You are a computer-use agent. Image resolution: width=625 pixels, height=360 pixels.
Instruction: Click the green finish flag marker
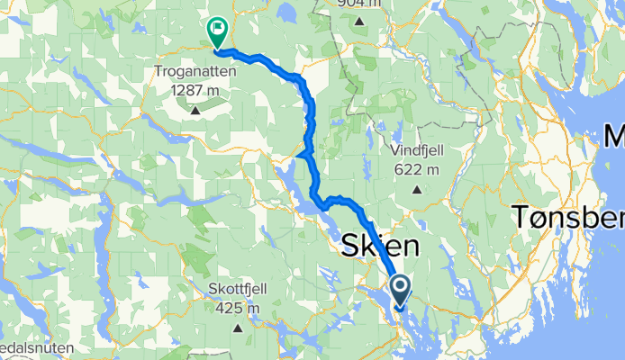(x=217, y=31)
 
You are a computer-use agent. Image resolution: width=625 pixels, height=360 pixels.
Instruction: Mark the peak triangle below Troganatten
(x=195, y=111)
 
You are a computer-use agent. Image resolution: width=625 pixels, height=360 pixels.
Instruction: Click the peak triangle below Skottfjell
(x=240, y=328)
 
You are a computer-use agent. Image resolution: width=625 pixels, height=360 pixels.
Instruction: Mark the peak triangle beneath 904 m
(x=358, y=21)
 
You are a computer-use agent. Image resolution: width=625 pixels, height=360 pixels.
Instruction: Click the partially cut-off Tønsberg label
(x=568, y=218)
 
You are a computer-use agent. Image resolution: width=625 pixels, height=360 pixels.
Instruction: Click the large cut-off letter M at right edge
(x=614, y=138)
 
